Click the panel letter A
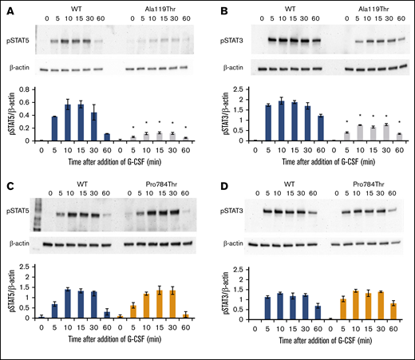click(x=6, y=6)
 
